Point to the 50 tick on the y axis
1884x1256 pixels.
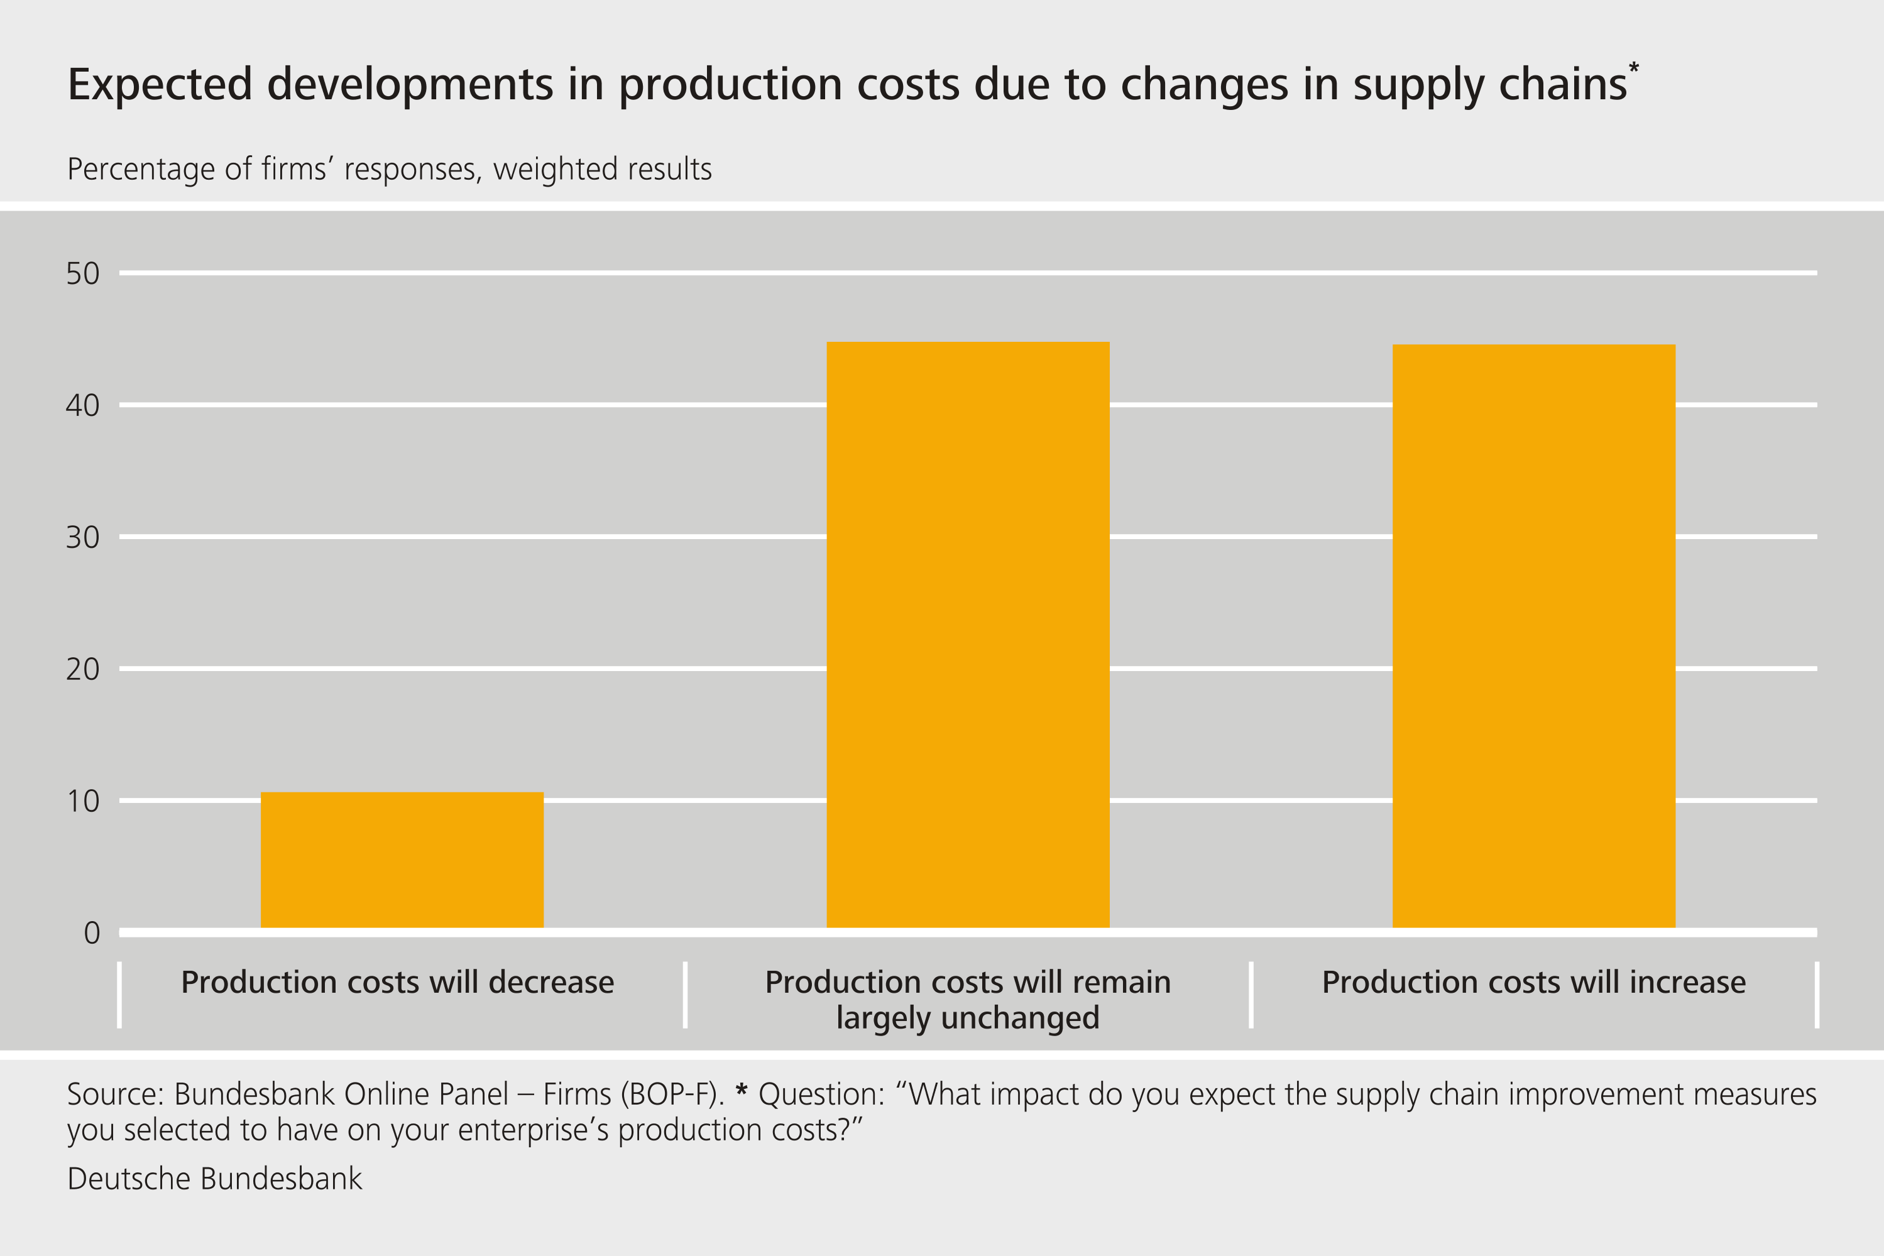click(82, 274)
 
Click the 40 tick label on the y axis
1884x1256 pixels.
click(82, 405)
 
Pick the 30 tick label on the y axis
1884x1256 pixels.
click(82, 537)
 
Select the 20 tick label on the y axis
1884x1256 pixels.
click(82, 669)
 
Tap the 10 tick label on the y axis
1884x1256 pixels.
click(82, 801)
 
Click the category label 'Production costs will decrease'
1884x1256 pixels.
click(397, 982)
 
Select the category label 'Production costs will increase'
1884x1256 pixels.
click(1533, 982)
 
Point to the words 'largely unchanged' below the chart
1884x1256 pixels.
click(968, 1018)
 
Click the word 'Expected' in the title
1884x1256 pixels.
click(160, 85)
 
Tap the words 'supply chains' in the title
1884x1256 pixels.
click(1489, 85)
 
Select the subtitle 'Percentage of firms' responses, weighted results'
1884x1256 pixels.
click(389, 170)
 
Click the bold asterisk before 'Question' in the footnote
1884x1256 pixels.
click(741, 1090)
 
